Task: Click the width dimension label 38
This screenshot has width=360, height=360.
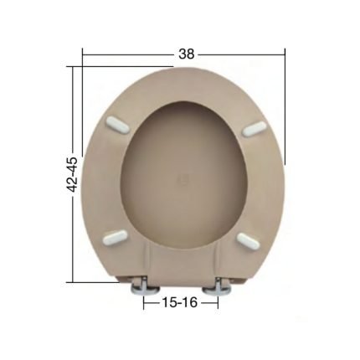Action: click(x=187, y=54)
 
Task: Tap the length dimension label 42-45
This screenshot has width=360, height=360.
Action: click(x=73, y=175)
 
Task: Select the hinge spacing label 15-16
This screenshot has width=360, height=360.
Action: click(x=180, y=302)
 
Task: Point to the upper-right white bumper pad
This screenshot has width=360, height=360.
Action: click(x=254, y=129)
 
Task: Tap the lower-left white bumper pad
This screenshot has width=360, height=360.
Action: click(x=116, y=236)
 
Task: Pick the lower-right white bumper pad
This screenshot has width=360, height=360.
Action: click(x=248, y=241)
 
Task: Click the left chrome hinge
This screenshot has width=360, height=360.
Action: click(x=146, y=287)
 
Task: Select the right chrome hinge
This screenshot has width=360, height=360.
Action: click(x=217, y=287)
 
